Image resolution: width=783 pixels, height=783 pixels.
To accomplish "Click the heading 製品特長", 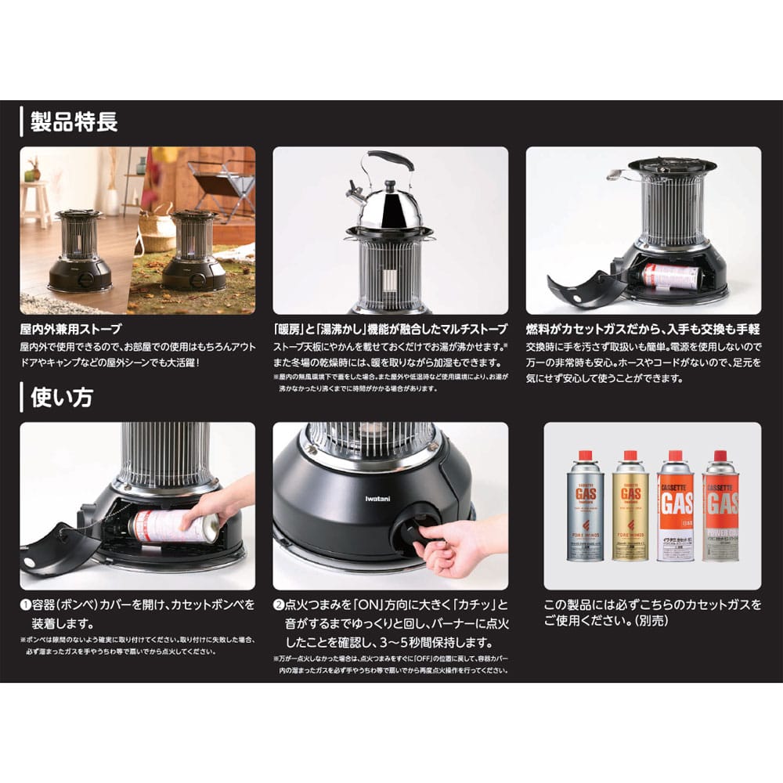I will click(x=74, y=123).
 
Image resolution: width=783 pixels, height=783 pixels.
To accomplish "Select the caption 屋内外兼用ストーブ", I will click(x=71, y=330).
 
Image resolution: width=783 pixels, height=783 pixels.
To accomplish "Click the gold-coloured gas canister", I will click(x=631, y=509).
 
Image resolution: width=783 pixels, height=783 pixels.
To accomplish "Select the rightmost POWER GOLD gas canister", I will click(x=721, y=509).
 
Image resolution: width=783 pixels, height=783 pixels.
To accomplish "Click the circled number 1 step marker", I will click(x=25, y=604).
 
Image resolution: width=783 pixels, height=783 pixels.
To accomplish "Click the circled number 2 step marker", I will click(x=279, y=604).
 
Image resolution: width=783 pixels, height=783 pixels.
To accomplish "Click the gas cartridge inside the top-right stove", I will click(x=670, y=275).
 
